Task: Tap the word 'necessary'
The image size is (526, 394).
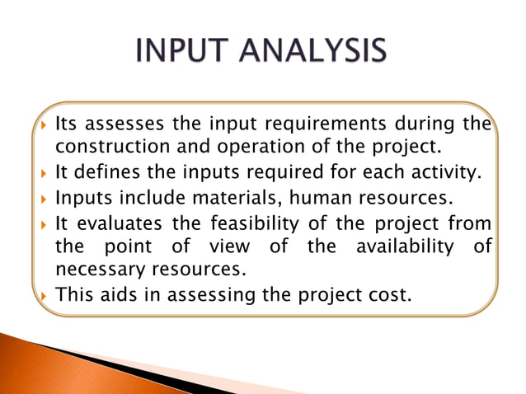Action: [93, 270]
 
